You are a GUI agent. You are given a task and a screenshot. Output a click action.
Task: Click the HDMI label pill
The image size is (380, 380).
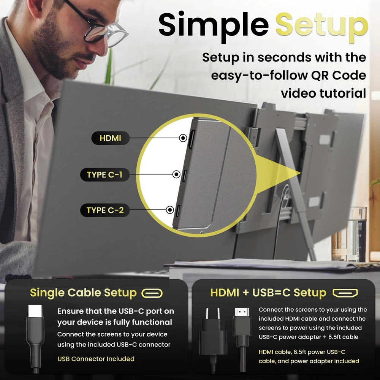click(110, 138)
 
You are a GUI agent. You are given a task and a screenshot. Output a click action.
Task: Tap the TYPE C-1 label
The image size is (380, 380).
click(105, 174)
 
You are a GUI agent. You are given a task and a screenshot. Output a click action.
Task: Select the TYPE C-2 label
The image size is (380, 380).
click(105, 210)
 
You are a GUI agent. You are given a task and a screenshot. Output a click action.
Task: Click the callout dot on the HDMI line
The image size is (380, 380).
click(183, 138)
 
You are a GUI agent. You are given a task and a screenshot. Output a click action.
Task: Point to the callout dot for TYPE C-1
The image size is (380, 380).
click(176, 174)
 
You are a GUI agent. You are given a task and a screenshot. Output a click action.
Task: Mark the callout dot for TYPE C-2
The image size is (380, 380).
click(170, 210)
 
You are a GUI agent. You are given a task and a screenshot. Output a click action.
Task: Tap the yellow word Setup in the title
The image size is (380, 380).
click(321, 26)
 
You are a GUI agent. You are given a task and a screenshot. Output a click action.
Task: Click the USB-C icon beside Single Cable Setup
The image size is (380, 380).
click(152, 293)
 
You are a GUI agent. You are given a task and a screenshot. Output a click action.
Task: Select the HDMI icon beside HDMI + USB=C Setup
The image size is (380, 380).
click(345, 293)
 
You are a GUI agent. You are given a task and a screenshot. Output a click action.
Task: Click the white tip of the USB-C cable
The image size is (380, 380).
click(35, 311)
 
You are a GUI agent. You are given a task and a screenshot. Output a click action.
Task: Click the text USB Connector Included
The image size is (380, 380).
click(96, 359)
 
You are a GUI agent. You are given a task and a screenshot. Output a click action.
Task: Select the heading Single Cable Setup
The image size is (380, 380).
click(83, 293)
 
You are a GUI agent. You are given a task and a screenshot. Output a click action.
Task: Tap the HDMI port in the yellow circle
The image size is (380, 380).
click(192, 139)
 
